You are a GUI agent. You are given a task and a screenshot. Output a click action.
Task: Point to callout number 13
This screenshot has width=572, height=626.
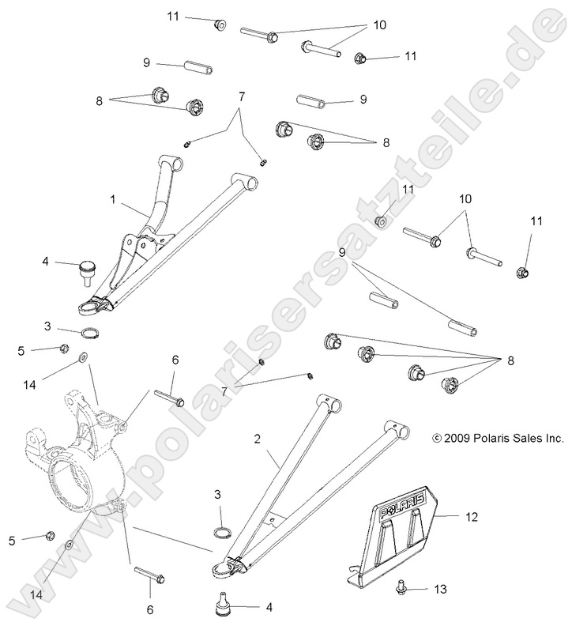coord(440,590)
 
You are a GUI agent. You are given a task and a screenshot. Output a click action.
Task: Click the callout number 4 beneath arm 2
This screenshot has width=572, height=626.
coord(269,608)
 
